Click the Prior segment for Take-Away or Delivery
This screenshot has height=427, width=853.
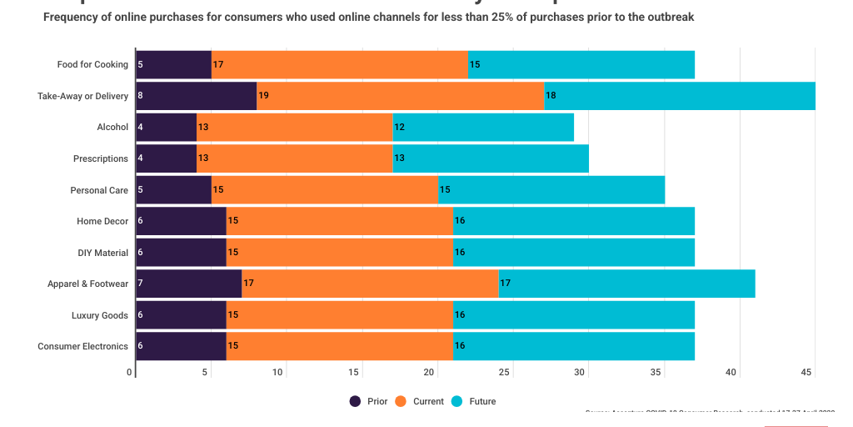(196, 96)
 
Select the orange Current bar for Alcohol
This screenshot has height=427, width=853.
(294, 127)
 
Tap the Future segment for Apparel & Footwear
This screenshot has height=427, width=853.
(626, 284)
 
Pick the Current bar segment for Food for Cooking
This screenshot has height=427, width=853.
(339, 64)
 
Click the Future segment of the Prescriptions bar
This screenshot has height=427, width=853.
(491, 158)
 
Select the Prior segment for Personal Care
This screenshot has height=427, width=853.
(173, 190)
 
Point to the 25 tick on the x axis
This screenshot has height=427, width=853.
(506, 373)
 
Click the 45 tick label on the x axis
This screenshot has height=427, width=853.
(807, 373)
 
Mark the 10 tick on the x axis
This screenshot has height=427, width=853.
(278, 373)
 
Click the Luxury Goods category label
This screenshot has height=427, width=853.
(100, 315)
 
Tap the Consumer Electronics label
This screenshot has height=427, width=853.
(83, 346)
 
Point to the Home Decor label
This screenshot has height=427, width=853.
(102, 221)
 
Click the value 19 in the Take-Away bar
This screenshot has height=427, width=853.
(263, 96)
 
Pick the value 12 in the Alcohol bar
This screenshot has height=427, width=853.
(400, 127)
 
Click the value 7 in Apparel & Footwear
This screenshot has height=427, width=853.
(140, 284)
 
